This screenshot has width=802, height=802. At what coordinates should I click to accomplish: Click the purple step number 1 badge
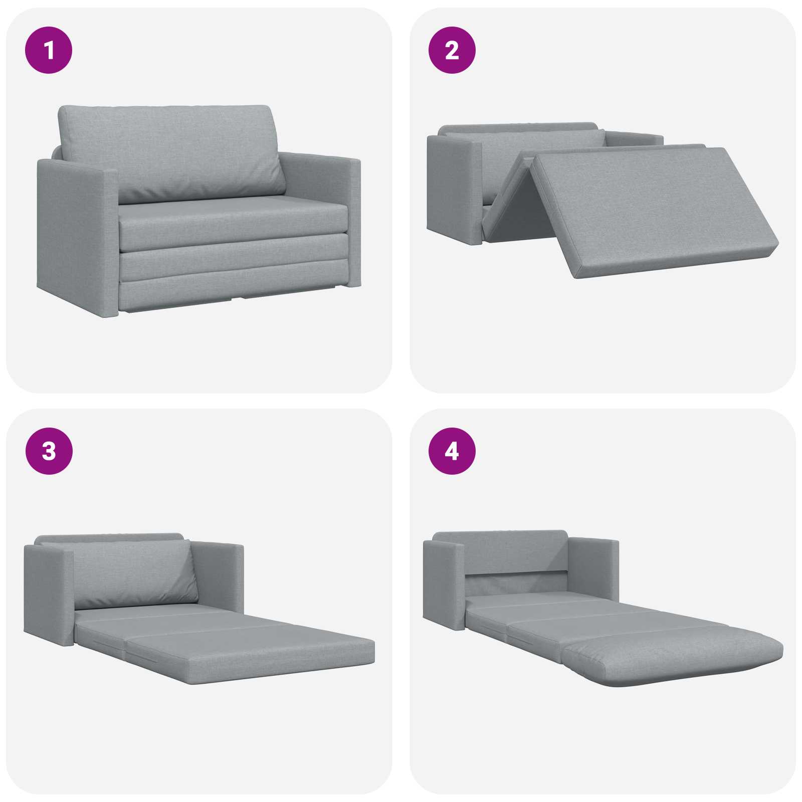49,50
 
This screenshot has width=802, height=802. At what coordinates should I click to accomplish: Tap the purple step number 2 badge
452,50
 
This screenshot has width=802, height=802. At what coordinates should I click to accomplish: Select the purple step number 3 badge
49,451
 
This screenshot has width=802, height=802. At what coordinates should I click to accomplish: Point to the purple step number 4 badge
452,451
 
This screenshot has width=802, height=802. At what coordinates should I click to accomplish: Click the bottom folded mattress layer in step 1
234,296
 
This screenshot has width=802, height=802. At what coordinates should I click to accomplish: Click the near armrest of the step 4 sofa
444,584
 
